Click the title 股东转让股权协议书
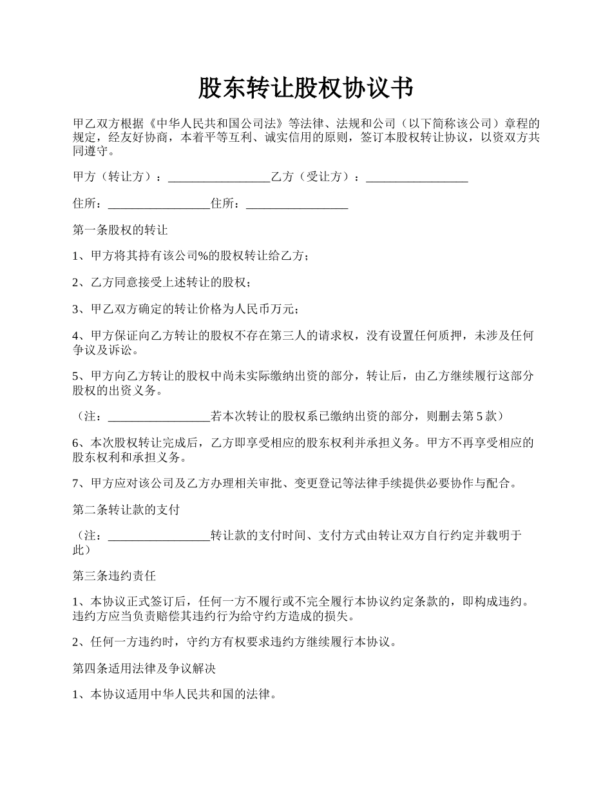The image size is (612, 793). tap(305, 88)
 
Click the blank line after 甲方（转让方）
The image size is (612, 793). tap(219, 177)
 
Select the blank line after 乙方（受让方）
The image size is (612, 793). tap(417, 177)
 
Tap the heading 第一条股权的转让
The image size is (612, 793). tap(120, 230)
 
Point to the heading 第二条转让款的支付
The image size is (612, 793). tap(126, 510)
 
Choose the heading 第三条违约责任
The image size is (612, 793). tap(115, 576)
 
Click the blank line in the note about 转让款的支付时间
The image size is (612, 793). tap(159, 536)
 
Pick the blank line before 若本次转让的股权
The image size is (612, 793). tap(159, 416)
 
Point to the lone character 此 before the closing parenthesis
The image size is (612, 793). tap(78, 550)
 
